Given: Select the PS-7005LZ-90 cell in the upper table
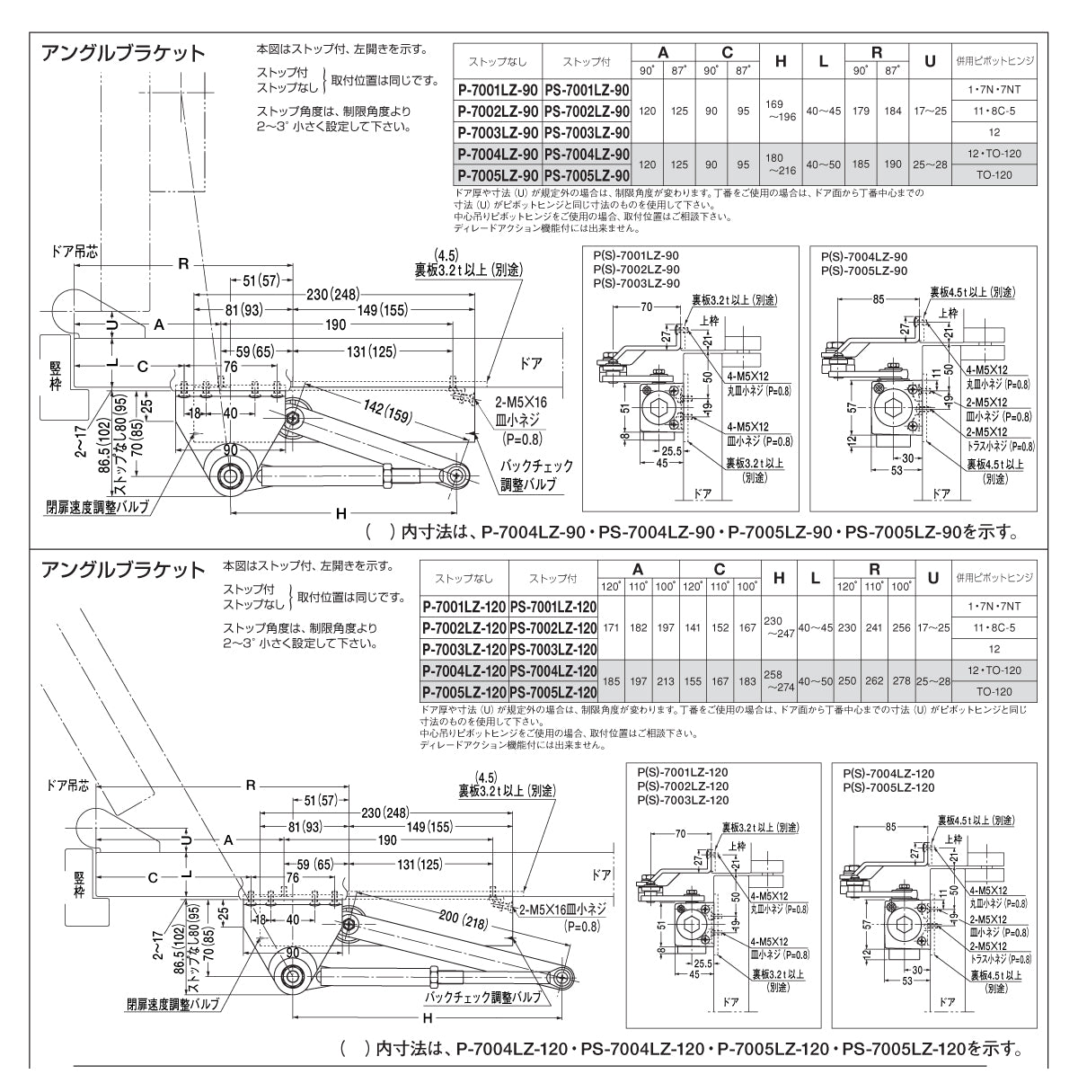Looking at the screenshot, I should point(586,174).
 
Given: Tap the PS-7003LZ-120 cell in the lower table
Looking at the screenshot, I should point(552,649).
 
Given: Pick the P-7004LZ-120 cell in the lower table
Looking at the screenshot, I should point(464,670).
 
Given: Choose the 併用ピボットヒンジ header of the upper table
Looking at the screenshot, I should point(995,61).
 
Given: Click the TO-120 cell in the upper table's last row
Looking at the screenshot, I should point(995,174).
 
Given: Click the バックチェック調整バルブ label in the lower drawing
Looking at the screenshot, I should point(483,998).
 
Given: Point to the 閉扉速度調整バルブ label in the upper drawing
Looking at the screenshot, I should point(96,506).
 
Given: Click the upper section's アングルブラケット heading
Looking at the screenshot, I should point(125,53).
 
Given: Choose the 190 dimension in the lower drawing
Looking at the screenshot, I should point(386,840).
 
